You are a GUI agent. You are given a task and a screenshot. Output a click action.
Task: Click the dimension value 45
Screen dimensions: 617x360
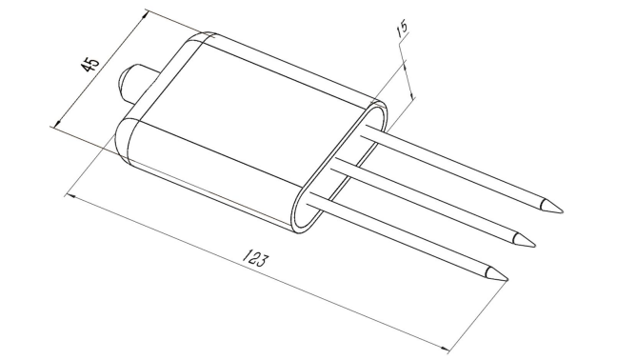coord(90,64)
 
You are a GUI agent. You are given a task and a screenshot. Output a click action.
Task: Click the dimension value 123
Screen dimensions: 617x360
coord(255,258)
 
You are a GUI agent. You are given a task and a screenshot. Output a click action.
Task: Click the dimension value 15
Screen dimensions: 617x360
coord(403,29)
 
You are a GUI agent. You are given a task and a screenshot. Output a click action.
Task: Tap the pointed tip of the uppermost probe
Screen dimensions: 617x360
coord(563,211)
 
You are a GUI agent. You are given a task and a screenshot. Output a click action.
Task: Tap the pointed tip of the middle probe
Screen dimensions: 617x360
coord(535,246)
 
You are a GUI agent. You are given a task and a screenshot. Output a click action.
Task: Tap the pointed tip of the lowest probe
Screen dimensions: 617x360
coord(508,280)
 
